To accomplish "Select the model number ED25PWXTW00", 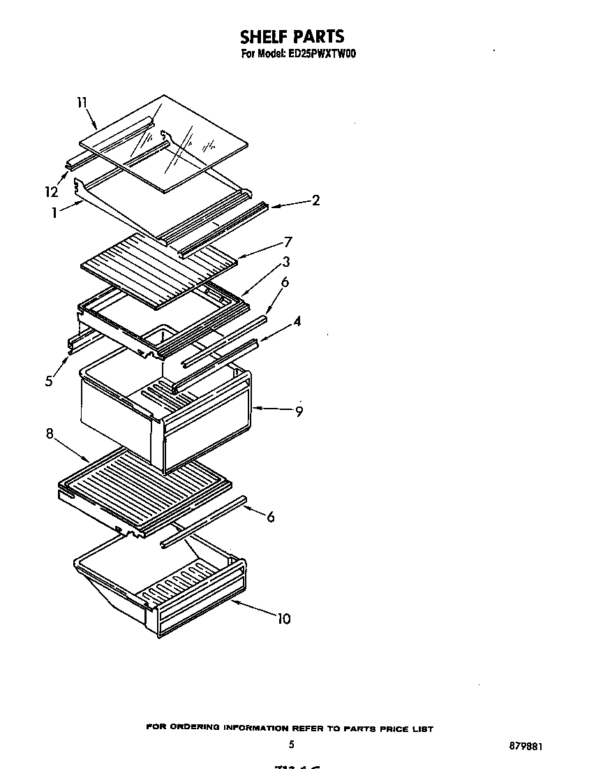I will [x=322, y=54].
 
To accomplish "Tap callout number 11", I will [x=82, y=103].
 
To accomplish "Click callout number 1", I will [x=54, y=214].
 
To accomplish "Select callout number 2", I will [x=315, y=200].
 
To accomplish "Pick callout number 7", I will [x=288, y=242].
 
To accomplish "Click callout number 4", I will [x=297, y=322].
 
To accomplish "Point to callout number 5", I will [x=49, y=381].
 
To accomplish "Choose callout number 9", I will [x=299, y=411].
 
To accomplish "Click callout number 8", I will [x=50, y=433].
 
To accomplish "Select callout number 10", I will [x=283, y=619].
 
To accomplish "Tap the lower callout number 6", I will [x=270, y=517].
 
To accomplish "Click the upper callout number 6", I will [x=285, y=282].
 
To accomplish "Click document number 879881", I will [x=526, y=746].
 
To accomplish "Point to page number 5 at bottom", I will [x=292, y=745].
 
